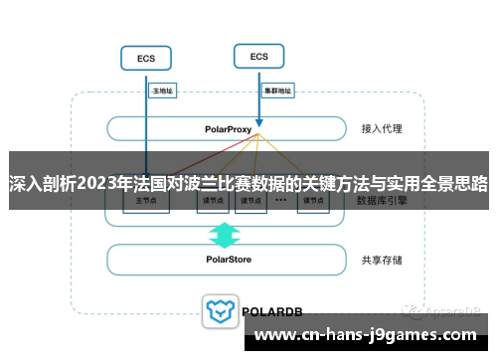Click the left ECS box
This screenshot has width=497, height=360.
[145, 59]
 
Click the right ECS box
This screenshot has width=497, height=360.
[259, 57]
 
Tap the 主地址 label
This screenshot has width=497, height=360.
[161, 90]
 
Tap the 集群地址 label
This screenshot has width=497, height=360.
[277, 90]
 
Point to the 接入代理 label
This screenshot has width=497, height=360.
[382, 129]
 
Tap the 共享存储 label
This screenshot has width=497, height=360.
[382, 261]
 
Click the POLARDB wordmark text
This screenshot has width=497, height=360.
[272, 310]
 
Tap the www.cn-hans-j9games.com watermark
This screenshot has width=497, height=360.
[374, 335]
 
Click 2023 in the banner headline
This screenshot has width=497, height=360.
[95, 183]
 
